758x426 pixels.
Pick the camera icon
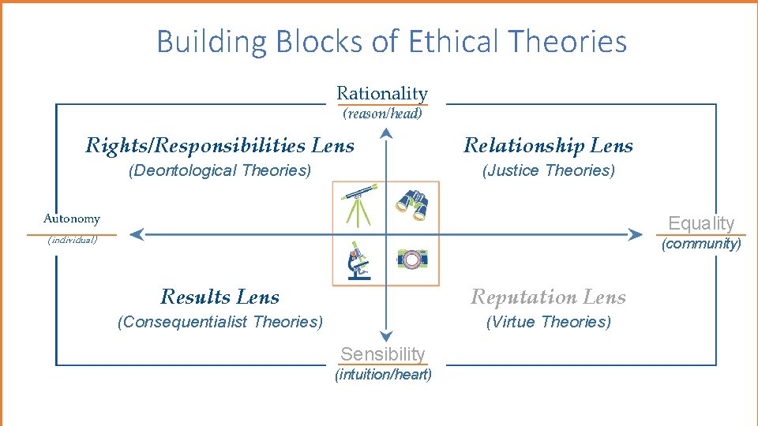[411, 259]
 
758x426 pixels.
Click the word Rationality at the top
[382, 94]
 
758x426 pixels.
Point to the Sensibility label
[382, 354]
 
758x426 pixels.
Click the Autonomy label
[72, 219]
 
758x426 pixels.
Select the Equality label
[701, 223]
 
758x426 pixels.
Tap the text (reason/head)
[382, 114]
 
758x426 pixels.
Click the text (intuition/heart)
[384, 375]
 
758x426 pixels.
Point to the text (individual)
[72, 240]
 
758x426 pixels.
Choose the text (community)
[701, 244]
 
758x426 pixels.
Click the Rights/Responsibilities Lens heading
[220, 145]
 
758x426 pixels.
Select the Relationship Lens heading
[548, 145]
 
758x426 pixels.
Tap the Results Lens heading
[220, 297]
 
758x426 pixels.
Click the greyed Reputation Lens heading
[548, 297]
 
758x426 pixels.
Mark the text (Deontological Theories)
[220, 170]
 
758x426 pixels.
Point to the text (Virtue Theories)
[548, 322]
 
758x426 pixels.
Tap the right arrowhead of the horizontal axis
[636, 234]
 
